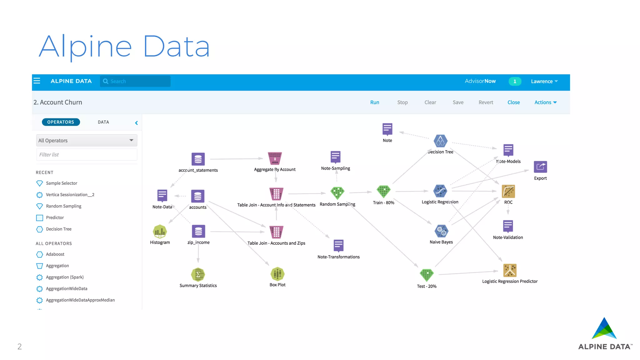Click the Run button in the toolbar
pyautogui.click(x=374, y=102)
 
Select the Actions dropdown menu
pyautogui.click(x=545, y=102)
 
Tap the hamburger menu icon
pyautogui.click(x=37, y=81)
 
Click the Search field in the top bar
pyautogui.click(x=135, y=81)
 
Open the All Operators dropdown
pyautogui.click(x=87, y=141)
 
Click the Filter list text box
pyautogui.click(x=87, y=155)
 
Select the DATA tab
pyautogui.click(x=103, y=122)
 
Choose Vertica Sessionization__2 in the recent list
pyautogui.click(x=70, y=195)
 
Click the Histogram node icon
pyautogui.click(x=160, y=232)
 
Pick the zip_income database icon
pyautogui.click(x=198, y=232)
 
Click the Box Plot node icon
pyautogui.click(x=277, y=274)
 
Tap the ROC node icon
pyautogui.click(x=508, y=191)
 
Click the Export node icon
pyautogui.click(x=540, y=167)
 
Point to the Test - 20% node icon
pyautogui.click(x=427, y=275)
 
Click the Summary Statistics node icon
pyautogui.click(x=198, y=275)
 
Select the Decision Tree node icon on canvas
pyautogui.click(x=440, y=141)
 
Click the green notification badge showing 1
pyautogui.click(x=515, y=81)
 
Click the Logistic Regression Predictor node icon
pyautogui.click(x=510, y=270)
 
